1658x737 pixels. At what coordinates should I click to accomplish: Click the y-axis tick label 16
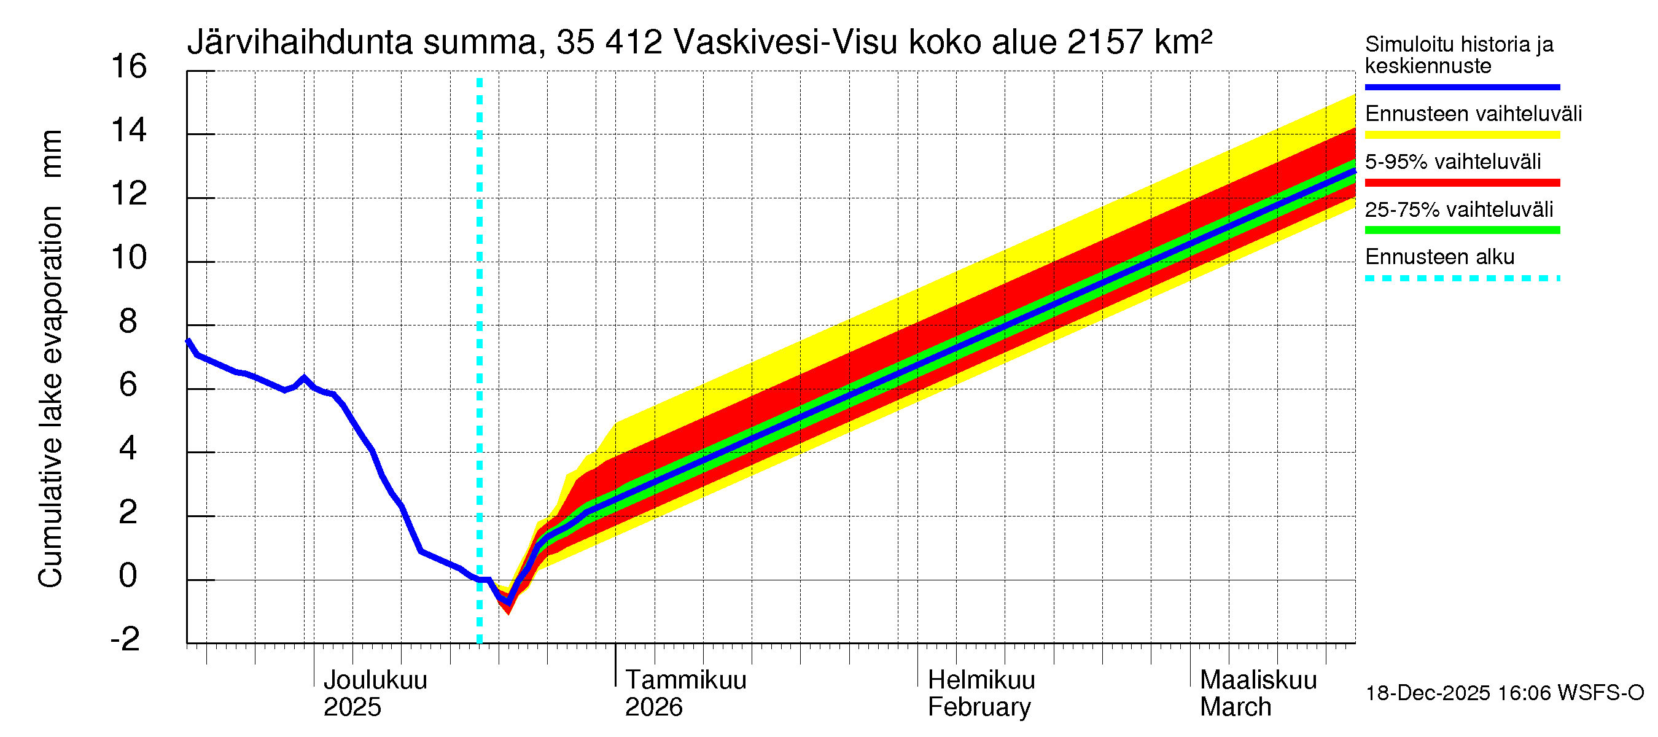pyautogui.click(x=129, y=67)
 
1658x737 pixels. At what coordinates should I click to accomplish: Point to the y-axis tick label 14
pyautogui.click(x=129, y=131)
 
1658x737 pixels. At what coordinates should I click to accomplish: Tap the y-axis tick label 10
pyautogui.click(x=129, y=258)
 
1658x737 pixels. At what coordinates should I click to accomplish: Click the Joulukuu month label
pyautogui.click(x=375, y=680)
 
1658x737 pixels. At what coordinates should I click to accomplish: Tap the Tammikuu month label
pyautogui.click(x=685, y=680)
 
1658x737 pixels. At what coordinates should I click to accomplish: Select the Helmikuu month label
pyautogui.click(x=981, y=680)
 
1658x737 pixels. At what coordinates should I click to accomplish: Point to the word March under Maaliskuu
pyautogui.click(x=1235, y=708)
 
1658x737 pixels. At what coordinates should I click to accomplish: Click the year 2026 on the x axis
pyautogui.click(x=653, y=708)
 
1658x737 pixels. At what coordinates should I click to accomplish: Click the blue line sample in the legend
pyautogui.click(x=1461, y=87)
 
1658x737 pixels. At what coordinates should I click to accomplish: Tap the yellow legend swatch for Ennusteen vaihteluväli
pyautogui.click(x=1461, y=135)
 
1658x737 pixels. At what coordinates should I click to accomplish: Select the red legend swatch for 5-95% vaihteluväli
pyautogui.click(x=1461, y=183)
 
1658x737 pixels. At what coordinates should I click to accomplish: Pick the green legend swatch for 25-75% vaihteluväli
pyautogui.click(x=1461, y=230)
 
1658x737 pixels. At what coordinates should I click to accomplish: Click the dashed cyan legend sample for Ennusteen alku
pyautogui.click(x=1461, y=279)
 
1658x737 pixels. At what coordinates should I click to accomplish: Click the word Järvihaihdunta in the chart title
pyautogui.click(x=300, y=42)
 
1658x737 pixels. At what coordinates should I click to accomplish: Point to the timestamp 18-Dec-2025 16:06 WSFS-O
pyautogui.click(x=1504, y=693)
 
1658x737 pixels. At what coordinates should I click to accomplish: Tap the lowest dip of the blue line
pyautogui.click(x=508, y=602)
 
